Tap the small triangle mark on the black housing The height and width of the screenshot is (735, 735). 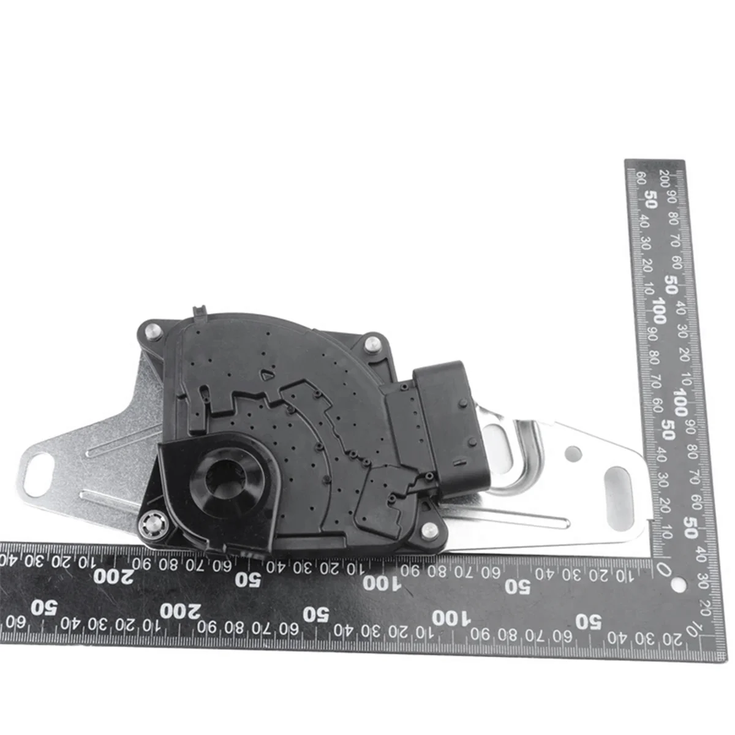point(268,377)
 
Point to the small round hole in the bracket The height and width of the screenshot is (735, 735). point(573,454)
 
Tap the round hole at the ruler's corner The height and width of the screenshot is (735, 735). point(677,583)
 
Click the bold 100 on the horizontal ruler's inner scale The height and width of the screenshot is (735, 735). point(380,582)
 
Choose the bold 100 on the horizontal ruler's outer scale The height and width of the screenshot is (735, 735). point(448,617)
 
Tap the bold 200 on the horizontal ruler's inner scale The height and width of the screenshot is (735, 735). point(113,576)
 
